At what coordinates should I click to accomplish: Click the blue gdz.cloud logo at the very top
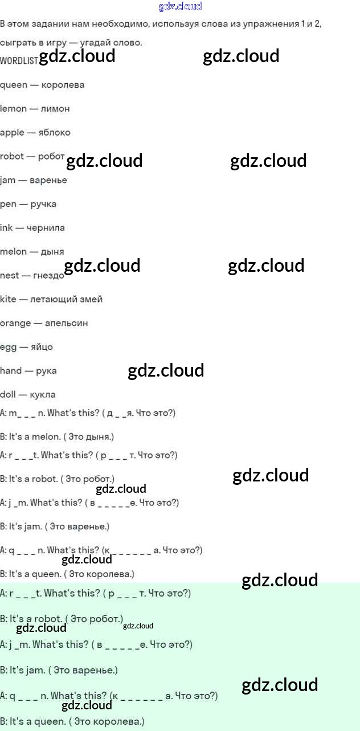click(x=180, y=6)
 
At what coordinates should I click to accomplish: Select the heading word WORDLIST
click(x=19, y=60)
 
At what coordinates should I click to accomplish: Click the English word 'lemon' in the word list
click(x=13, y=108)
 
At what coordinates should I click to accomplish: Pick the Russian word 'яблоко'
click(x=54, y=132)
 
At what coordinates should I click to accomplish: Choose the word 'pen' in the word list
click(x=8, y=204)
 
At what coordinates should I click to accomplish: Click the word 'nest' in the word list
click(x=10, y=276)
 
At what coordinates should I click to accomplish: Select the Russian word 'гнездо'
click(x=48, y=276)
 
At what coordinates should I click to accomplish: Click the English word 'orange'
click(x=15, y=324)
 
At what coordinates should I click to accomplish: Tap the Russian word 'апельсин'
click(x=67, y=323)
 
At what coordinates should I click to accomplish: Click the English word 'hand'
click(x=11, y=371)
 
